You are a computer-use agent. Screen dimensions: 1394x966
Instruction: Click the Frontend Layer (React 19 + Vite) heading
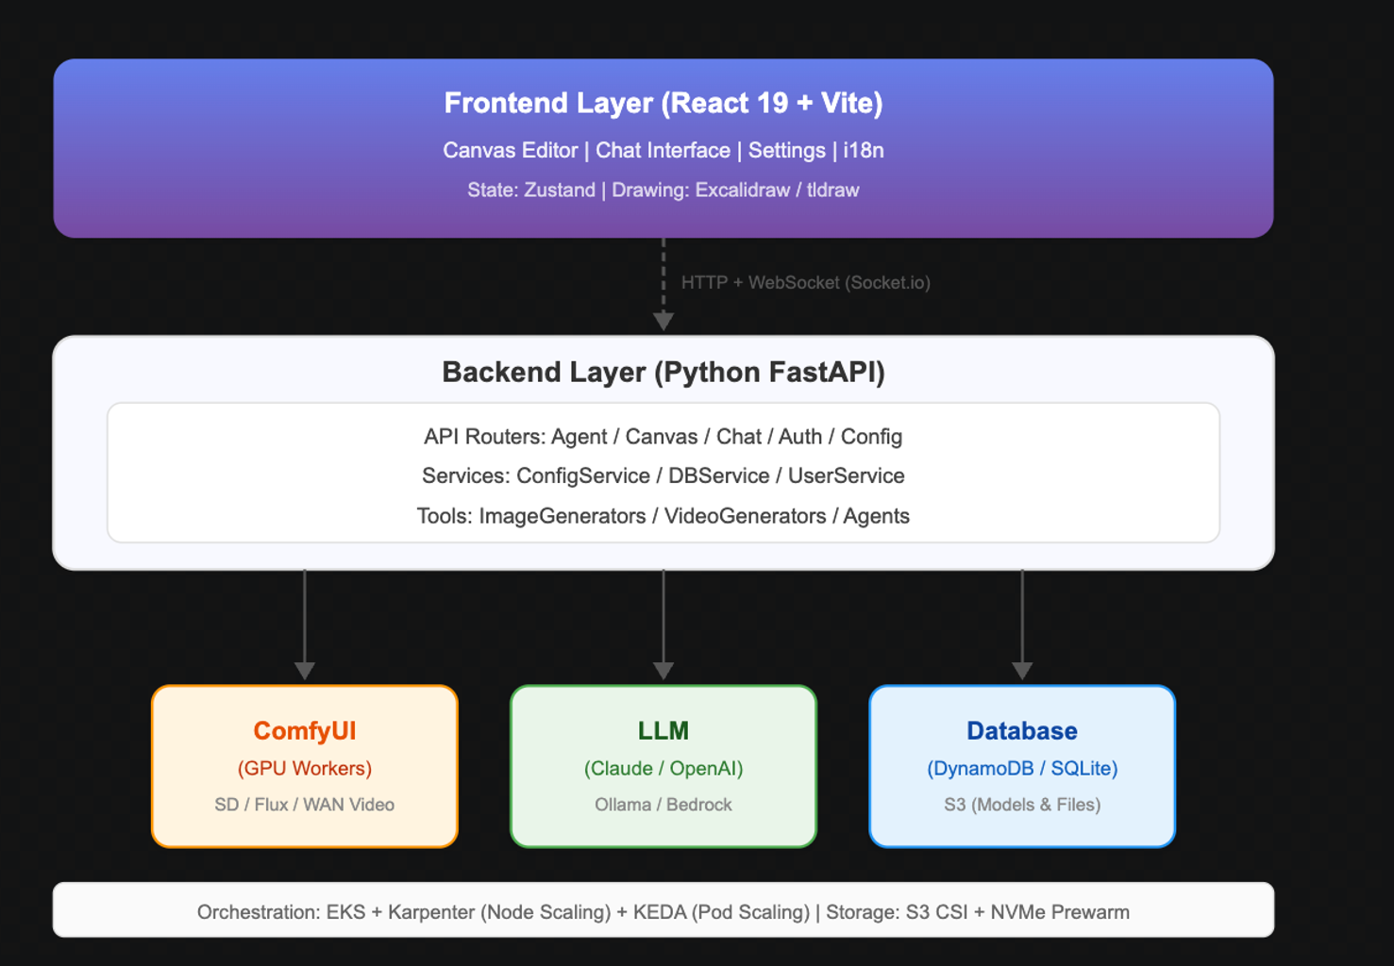click(x=663, y=103)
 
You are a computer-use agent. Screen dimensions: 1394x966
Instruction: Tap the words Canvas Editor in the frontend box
click(x=511, y=151)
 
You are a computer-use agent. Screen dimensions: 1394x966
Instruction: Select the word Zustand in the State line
click(x=560, y=190)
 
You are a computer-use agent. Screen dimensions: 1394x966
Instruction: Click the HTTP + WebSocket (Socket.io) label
click(x=806, y=282)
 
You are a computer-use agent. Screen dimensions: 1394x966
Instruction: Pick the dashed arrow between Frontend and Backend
click(x=663, y=284)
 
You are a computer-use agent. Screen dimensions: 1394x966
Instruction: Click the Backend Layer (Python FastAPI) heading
click(x=663, y=372)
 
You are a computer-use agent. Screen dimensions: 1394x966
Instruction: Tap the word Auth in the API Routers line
click(x=800, y=437)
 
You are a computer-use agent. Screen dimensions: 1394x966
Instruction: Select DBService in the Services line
click(x=719, y=475)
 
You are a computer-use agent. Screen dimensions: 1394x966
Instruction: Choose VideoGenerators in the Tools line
click(x=745, y=516)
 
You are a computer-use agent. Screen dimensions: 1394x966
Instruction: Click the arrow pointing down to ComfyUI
click(x=304, y=625)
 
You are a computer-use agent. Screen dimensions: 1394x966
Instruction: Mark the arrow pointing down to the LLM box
click(x=663, y=625)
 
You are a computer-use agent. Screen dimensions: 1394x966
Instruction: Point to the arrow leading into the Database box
click(x=1022, y=625)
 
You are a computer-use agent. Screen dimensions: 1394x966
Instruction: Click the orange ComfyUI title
click(x=304, y=731)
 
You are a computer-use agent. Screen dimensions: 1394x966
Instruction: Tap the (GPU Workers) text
click(x=304, y=768)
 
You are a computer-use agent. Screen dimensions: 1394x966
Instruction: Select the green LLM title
click(x=663, y=731)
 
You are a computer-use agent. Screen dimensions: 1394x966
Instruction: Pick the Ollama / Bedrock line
click(x=663, y=805)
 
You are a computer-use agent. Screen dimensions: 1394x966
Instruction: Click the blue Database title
click(x=1022, y=731)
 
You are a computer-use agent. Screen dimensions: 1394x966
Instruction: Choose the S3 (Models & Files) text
click(x=1022, y=805)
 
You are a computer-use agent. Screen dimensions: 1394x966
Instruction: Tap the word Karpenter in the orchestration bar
click(x=431, y=912)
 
